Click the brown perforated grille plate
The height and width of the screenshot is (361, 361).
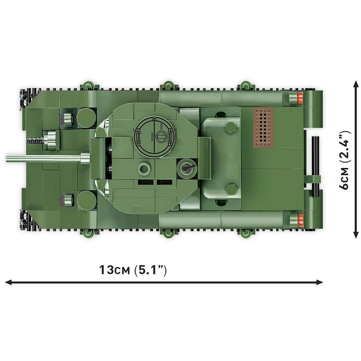(263, 127)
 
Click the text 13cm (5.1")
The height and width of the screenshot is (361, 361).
(133, 270)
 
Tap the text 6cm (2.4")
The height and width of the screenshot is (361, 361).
(344, 160)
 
